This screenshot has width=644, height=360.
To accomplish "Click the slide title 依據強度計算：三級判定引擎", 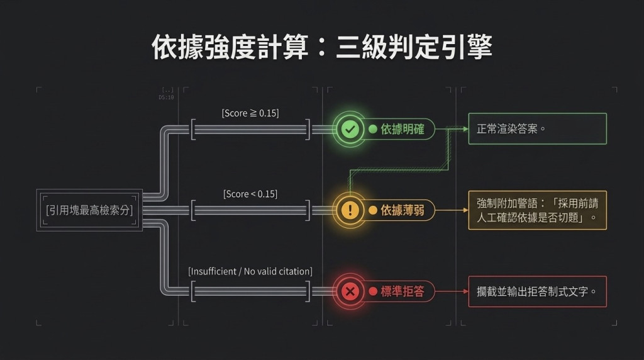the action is tap(321, 47).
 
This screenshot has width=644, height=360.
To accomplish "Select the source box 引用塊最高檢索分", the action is tap(89, 210).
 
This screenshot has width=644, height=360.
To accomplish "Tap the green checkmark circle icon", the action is tap(350, 129).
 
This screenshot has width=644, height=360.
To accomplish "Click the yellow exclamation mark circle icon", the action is tap(350, 210).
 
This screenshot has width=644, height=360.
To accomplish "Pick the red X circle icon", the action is tap(350, 291).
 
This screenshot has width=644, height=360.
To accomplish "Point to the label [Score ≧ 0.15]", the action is tap(250, 113).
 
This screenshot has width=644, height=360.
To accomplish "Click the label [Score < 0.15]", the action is tap(250, 194).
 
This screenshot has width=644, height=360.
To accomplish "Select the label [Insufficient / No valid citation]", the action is tap(250, 271).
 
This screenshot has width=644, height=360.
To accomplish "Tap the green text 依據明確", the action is tap(402, 129).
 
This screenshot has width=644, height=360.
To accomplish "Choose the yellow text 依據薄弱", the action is tap(402, 210).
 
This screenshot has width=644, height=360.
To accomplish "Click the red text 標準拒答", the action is tap(402, 291).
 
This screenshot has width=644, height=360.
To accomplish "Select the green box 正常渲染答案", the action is tap(537, 128).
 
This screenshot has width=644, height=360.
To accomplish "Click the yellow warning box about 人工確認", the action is tap(537, 210).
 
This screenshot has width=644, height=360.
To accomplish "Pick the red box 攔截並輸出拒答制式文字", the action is tap(537, 291).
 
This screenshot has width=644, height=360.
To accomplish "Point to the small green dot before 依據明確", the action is tap(373, 129).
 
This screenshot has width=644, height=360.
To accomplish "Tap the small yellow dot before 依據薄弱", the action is tap(373, 210).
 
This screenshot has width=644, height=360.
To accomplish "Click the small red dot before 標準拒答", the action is tap(373, 291).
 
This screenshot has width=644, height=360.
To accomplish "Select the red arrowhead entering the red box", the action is tap(466, 291).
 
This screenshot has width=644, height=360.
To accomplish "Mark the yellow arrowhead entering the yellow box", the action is tap(466, 210).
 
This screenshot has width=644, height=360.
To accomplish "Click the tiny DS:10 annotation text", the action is tap(166, 98).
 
